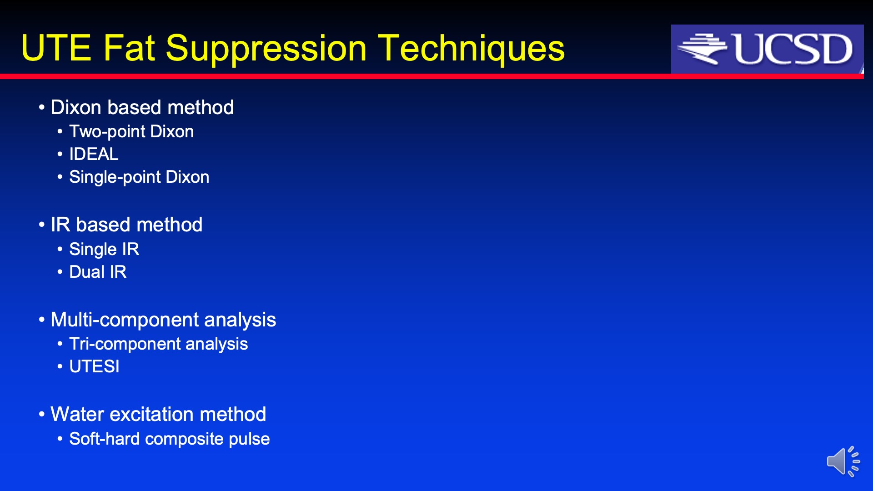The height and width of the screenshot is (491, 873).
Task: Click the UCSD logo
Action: point(767,49)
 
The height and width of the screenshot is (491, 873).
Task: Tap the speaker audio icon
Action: point(843,461)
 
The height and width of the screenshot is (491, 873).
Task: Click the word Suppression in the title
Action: point(266,49)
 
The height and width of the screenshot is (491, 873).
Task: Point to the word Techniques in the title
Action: point(472,49)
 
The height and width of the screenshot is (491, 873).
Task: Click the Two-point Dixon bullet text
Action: point(131,131)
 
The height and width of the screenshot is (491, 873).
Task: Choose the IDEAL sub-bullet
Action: point(94,154)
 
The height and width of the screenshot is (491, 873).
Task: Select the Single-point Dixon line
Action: point(139,177)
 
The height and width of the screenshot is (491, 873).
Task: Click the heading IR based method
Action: point(126,225)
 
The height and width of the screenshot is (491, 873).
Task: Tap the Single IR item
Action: point(104,249)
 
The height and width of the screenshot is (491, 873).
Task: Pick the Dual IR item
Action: point(98,272)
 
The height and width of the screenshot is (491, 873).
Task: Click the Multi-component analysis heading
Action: point(163,320)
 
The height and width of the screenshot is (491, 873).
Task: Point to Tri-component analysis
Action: point(158,344)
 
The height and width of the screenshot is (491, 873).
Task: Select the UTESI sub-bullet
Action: point(94,366)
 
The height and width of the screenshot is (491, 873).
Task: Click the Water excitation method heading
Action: point(158,414)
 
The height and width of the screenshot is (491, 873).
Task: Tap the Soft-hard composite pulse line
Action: point(169,439)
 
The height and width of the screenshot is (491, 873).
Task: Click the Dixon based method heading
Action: point(142,107)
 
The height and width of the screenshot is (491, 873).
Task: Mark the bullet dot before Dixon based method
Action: point(42,108)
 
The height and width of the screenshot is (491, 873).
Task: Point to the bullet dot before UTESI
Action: point(60,367)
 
